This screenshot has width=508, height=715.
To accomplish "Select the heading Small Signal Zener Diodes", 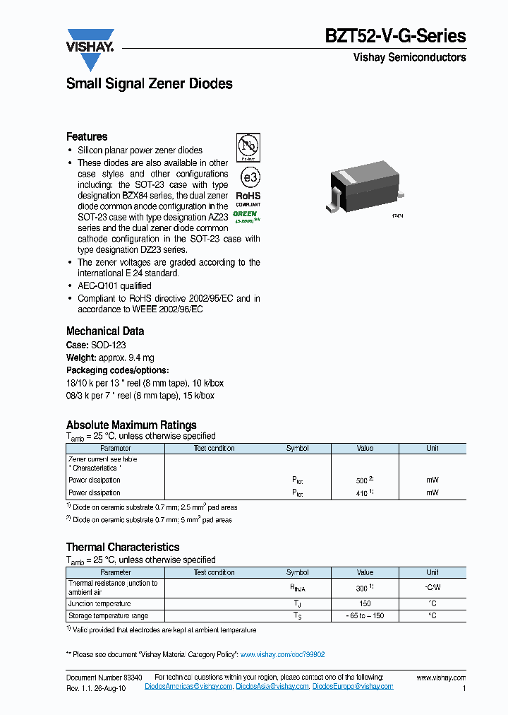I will [x=149, y=83].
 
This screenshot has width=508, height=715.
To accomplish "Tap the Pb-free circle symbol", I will [x=248, y=147].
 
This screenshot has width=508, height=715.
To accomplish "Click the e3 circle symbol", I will [x=248, y=176].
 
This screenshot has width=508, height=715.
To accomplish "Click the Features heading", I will [x=87, y=136].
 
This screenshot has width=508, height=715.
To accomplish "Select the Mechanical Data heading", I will [x=105, y=331].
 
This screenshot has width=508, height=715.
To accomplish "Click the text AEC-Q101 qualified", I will [x=114, y=286].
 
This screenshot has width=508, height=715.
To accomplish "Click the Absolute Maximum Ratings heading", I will [x=131, y=425].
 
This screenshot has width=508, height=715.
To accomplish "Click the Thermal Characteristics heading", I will [x=123, y=547].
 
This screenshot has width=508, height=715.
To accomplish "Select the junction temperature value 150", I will [x=365, y=604].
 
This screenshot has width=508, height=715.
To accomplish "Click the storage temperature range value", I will [x=365, y=616].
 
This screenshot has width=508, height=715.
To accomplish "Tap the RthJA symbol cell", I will [x=297, y=587].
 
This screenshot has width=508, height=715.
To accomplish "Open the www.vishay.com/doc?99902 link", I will [x=282, y=655].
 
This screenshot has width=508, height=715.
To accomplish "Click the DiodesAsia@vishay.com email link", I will [x=272, y=687].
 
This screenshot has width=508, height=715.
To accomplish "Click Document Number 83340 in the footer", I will [x=104, y=677].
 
